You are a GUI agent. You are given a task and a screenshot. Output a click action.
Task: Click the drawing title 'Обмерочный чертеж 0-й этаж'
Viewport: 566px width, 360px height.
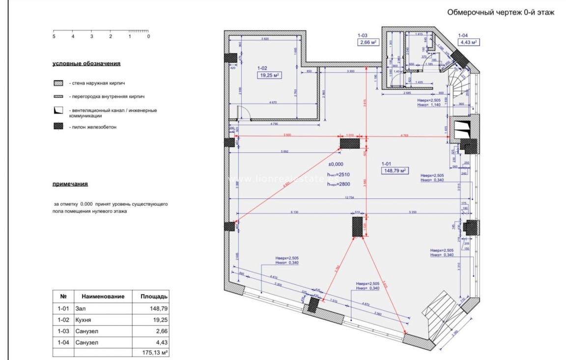(501, 13)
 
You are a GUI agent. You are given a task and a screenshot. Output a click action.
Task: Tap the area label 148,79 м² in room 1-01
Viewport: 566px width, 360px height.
(395, 170)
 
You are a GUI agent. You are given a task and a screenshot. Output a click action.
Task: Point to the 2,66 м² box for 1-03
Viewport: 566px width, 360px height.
(368, 42)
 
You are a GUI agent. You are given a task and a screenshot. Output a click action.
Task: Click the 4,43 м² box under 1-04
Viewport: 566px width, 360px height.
(469, 42)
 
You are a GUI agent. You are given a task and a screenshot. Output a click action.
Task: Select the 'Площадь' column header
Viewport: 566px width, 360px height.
(154, 297)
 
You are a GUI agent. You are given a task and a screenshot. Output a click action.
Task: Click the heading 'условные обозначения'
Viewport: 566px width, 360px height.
(86, 64)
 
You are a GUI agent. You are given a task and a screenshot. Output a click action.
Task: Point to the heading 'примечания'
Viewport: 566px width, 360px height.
(70, 184)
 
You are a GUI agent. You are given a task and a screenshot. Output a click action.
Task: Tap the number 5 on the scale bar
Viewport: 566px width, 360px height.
(54, 36)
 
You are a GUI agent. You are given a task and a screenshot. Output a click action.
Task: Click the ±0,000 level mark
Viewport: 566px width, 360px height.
(337, 165)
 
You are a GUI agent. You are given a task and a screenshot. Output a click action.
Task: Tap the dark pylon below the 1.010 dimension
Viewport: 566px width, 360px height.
(350, 143)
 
